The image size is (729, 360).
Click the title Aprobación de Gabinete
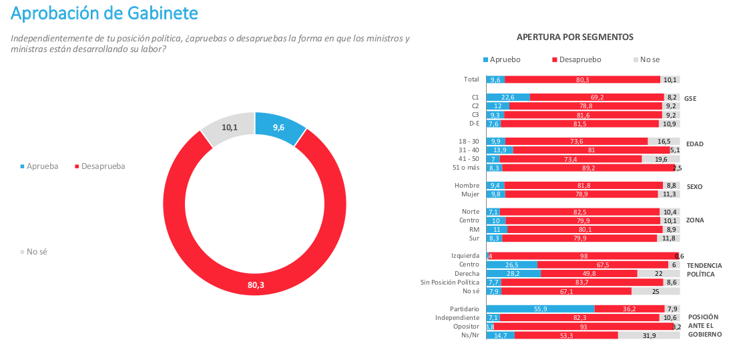coord(105,13)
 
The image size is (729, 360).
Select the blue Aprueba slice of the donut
coord(279,128)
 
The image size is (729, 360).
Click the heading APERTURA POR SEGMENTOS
coord(575,37)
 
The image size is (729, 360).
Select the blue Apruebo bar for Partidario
coord(540,309)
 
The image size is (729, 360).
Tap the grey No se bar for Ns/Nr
coord(648,335)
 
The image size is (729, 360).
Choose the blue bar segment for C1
coord(508,97)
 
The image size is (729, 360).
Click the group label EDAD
coord(695,144)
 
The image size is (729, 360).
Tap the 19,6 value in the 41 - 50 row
coord(660,159)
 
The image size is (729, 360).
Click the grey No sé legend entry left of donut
coord(37,252)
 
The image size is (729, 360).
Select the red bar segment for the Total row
coord(581,79)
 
